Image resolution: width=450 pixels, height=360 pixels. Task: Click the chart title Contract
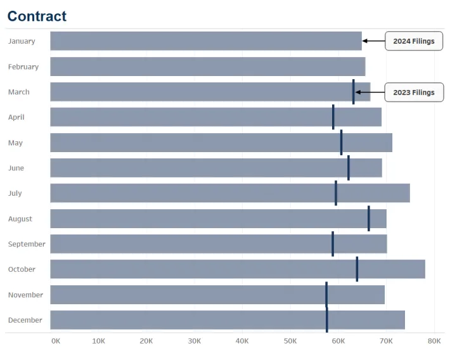37,16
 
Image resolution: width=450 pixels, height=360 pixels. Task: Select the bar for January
206,41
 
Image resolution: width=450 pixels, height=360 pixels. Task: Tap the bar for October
238,269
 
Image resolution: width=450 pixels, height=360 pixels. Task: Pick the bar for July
230,193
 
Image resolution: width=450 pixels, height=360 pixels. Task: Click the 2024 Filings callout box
414,41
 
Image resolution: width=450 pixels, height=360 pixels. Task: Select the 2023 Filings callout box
414,92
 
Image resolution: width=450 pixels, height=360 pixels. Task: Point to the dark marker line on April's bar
333,117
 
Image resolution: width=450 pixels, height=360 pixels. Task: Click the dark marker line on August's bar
368,219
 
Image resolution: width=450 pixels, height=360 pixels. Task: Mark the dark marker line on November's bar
326,295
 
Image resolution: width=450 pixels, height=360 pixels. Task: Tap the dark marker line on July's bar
335,193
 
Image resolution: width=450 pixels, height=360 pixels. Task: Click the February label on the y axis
23,67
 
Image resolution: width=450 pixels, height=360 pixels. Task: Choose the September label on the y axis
27,244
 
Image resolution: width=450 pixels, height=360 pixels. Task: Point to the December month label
25,320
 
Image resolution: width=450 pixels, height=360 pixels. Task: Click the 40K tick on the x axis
242,341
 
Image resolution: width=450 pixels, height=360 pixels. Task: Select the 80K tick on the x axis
434,341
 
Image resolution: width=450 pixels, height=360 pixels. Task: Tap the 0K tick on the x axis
56,341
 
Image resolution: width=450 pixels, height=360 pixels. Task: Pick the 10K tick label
98,341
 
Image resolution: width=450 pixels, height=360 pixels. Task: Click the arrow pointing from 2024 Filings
374,41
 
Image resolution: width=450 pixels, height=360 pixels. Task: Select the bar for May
221,143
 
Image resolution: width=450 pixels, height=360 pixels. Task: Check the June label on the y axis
16,168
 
